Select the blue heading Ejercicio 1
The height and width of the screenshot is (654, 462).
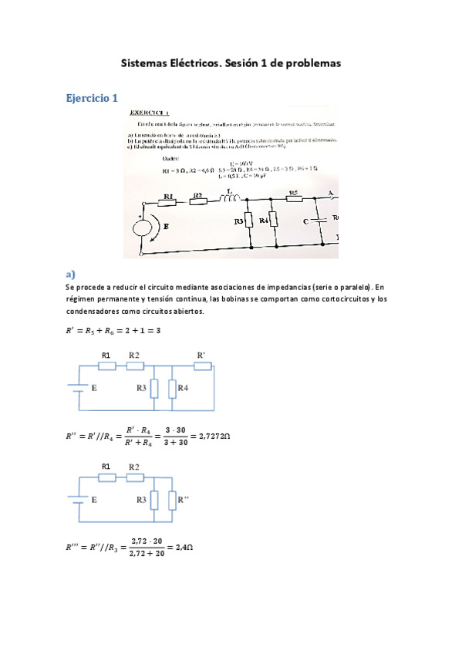click(91, 99)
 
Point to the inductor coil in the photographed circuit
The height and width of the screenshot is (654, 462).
click(229, 200)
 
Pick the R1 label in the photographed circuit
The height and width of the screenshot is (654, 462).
click(169, 196)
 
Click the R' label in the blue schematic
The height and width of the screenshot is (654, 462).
click(201, 354)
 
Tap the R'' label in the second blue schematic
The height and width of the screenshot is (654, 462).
click(183, 500)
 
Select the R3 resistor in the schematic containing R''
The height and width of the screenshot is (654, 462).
click(155, 501)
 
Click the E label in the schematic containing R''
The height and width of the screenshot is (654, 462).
click(94, 500)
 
